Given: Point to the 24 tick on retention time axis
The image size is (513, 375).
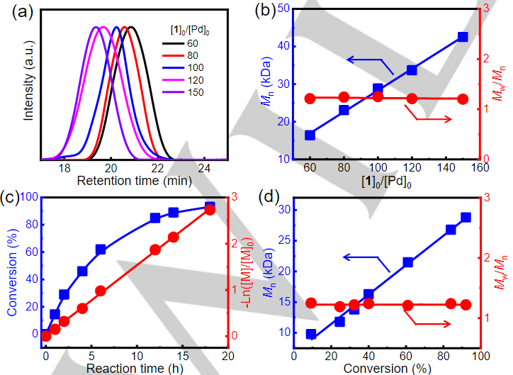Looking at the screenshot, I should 204,168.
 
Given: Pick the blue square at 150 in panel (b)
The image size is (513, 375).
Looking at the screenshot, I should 463,36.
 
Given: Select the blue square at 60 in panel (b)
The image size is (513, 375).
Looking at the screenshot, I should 310,135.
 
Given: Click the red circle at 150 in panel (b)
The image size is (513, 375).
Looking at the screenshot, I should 463,99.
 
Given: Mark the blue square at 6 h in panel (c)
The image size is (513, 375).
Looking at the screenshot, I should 101,250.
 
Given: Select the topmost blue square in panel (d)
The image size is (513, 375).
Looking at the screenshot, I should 466,218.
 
